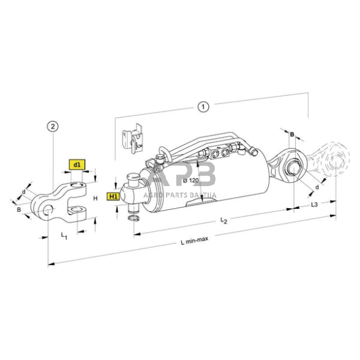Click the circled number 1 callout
tap(202, 107)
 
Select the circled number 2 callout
tap(53, 127)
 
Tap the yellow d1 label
tap(78, 165)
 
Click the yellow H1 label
tap(113, 196)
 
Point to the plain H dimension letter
tap(95, 198)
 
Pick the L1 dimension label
tap(64, 234)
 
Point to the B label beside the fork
tap(19, 210)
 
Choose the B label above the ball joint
tap(292, 133)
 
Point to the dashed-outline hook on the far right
tap(331, 160)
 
